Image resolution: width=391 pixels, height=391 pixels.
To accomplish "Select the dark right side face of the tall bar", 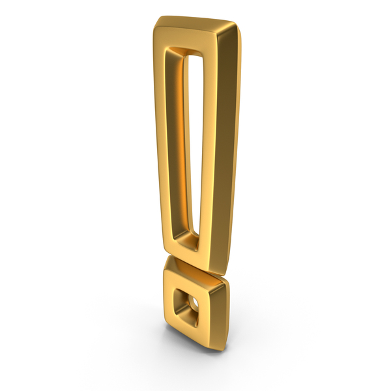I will click(229, 150).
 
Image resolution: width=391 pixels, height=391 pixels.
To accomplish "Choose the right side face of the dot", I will click(220, 313).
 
